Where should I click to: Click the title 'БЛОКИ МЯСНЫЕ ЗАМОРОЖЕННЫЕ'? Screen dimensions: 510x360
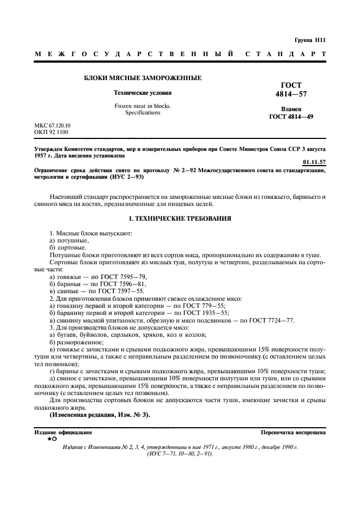142,78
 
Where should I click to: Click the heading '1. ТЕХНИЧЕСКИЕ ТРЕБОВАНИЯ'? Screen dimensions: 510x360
180,218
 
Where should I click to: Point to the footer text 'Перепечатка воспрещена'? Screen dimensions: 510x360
293,432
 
